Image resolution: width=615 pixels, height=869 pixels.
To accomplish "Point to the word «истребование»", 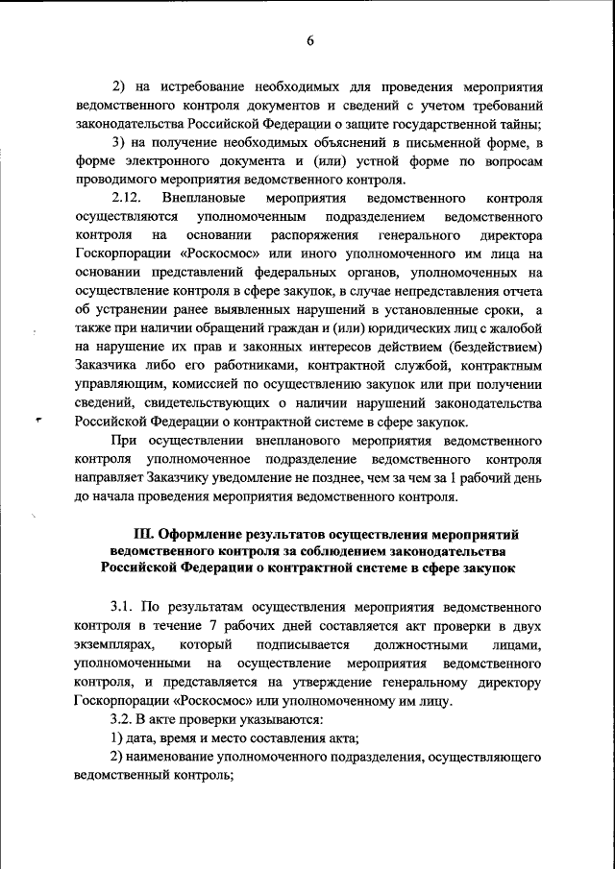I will point(193,85).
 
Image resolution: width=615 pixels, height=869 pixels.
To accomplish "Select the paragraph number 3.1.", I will point(121,608).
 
